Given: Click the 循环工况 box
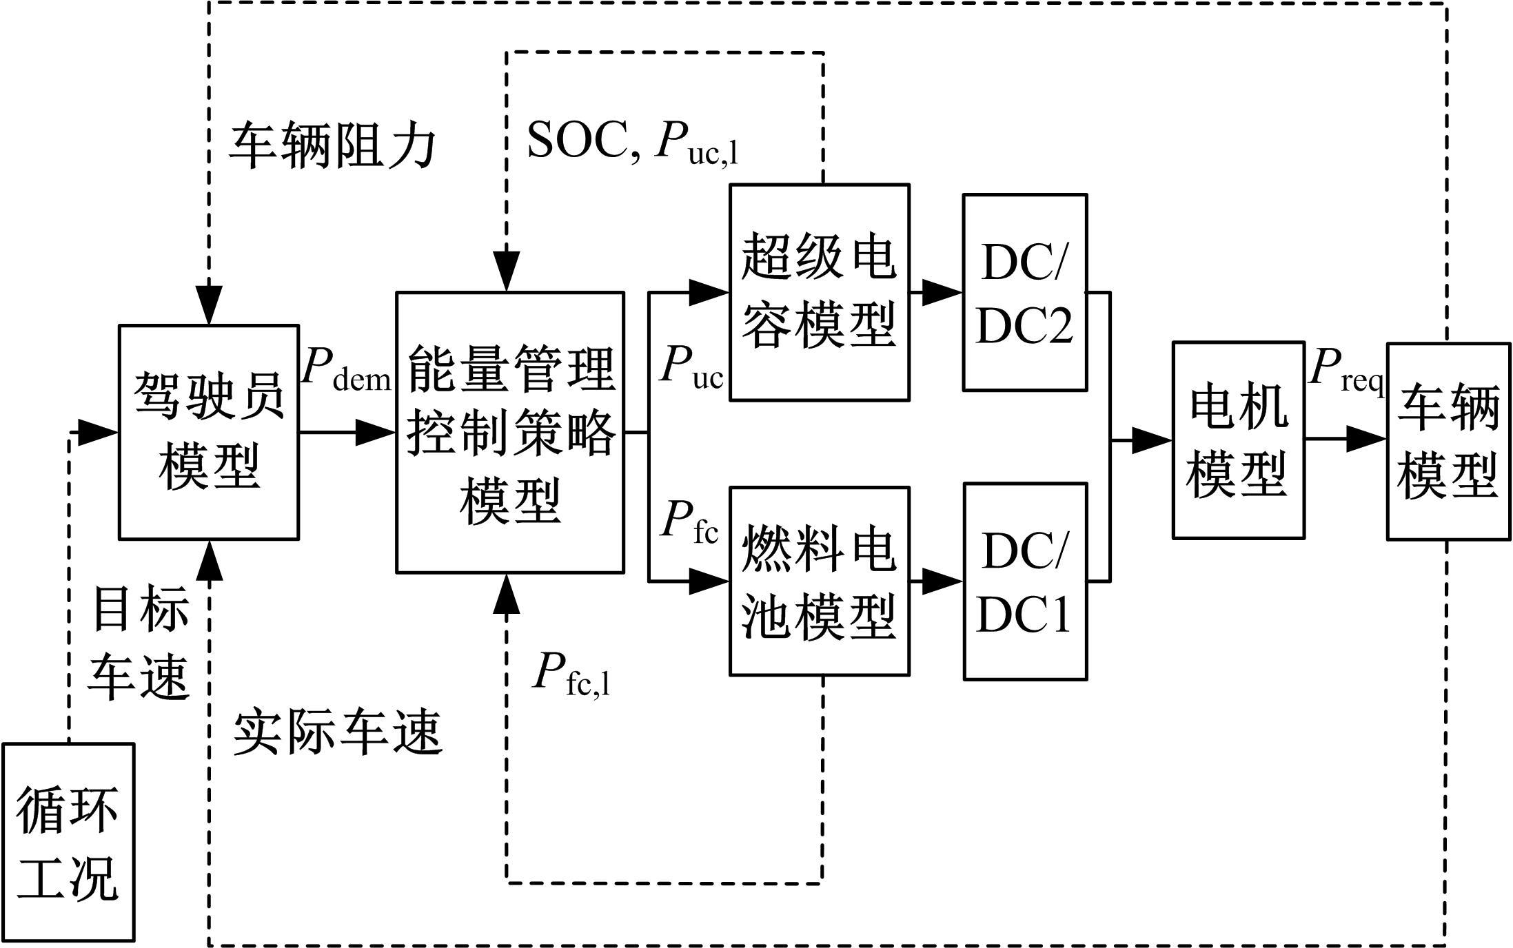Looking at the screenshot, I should (68, 842).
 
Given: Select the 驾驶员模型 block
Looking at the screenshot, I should (209, 432).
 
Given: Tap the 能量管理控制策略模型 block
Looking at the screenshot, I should (510, 432).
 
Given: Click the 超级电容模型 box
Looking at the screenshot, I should (820, 292).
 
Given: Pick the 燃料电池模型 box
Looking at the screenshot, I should (820, 581).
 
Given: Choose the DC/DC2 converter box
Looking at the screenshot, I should (1025, 292).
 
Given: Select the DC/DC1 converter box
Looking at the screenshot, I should (1025, 581).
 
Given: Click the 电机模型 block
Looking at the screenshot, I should (1239, 440).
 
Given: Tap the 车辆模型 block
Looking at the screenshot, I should (1448, 441).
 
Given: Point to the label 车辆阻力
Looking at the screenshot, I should (332, 146).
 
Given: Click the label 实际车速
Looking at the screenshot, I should (337, 733).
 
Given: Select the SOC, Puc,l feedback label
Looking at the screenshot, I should (632, 143).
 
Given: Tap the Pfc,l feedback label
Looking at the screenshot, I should (571, 674).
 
